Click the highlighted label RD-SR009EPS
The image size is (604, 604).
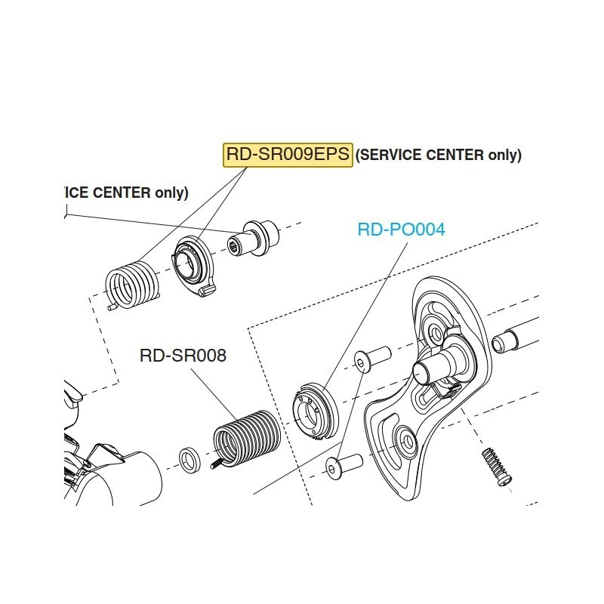tap(288, 155)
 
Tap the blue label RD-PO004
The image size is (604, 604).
tap(401, 230)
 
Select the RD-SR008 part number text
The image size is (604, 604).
tap(183, 356)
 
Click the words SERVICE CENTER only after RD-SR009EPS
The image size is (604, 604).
tap(439, 156)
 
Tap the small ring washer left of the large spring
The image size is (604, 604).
tap(190, 460)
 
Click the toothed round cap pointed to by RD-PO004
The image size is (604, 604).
tap(316, 409)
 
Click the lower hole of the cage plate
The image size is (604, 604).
tap(402, 442)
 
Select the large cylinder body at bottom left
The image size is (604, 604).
tap(132, 476)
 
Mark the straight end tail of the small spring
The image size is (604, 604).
tap(112, 307)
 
